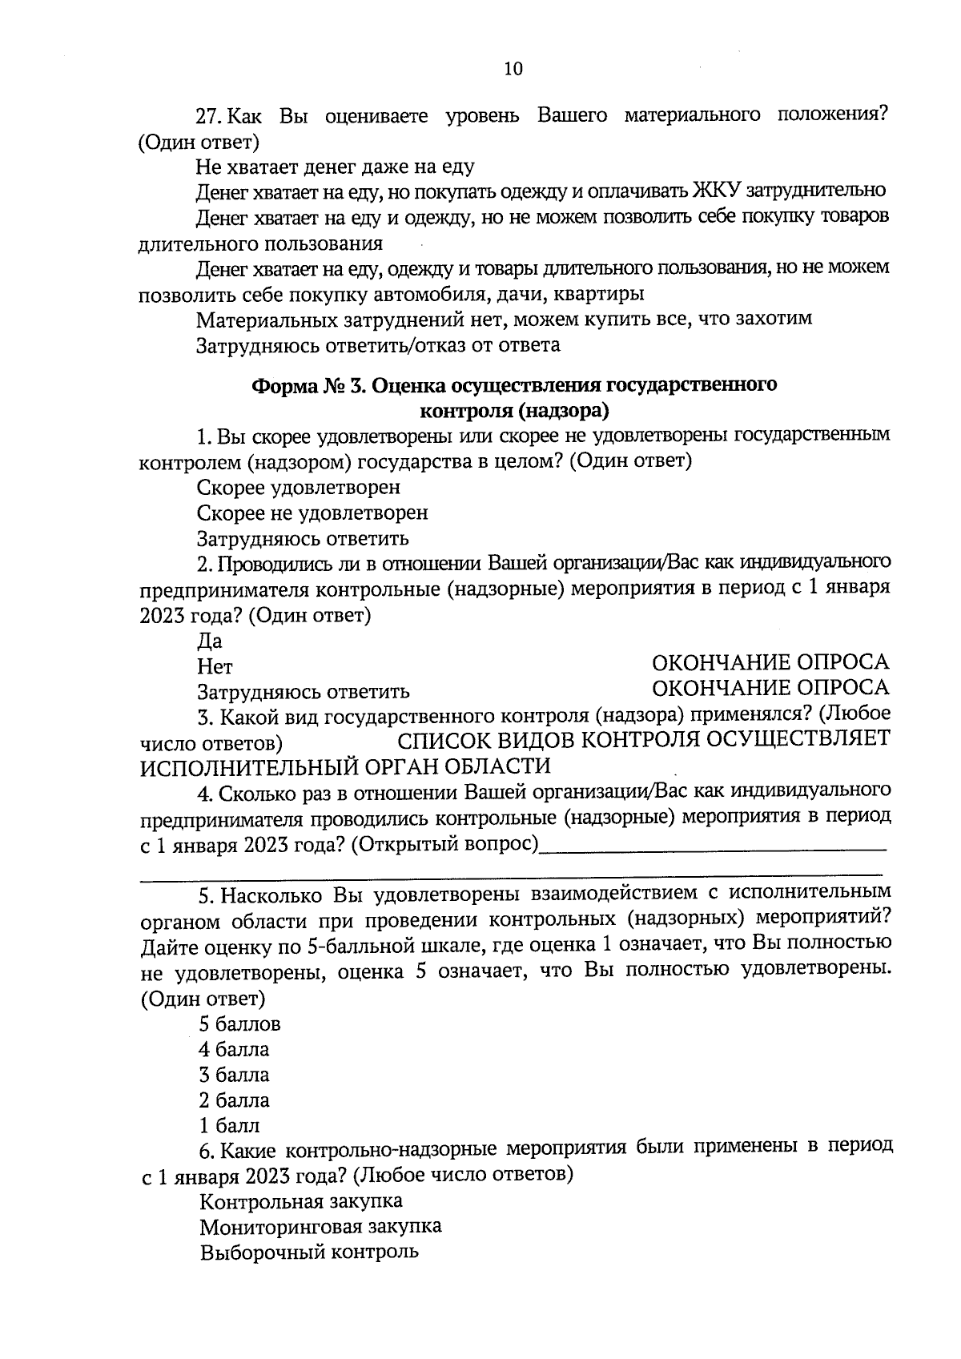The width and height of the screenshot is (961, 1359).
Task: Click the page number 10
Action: [513, 69]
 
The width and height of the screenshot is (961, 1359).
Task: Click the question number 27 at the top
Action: [207, 116]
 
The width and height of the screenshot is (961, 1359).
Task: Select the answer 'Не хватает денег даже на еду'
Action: [335, 167]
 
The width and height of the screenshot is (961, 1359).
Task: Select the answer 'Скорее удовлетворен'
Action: [299, 487]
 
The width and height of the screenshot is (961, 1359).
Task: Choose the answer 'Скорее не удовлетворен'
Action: [312, 513]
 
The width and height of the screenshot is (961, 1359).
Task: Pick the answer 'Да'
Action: [210, 641]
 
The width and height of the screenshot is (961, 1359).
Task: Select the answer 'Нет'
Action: [215, 666]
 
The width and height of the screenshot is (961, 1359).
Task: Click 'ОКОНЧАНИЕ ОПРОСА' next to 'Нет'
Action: [770, 662]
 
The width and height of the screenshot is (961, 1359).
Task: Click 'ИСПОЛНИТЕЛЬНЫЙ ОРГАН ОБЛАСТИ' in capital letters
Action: [345, 766]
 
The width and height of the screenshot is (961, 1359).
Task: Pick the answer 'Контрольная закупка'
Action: [301, 1201]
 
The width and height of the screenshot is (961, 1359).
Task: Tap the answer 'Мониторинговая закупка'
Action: [320, 1227]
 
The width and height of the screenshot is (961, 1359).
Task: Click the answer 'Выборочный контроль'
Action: [309, 1252]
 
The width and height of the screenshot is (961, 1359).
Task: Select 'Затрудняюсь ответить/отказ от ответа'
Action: [378, 345]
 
